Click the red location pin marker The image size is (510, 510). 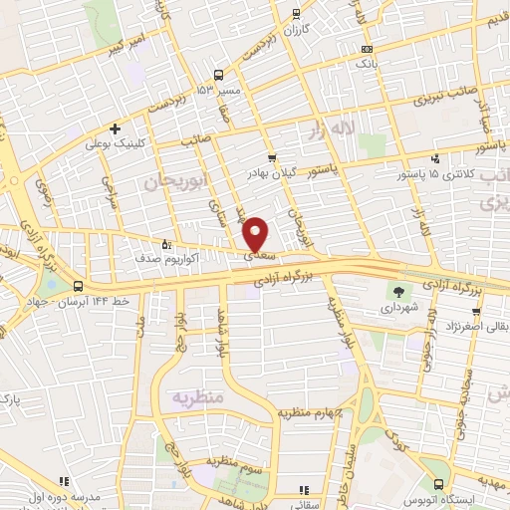256,233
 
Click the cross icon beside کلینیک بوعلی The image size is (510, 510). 117,127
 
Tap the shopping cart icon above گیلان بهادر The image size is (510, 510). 271,157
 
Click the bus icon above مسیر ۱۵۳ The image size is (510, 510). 218,75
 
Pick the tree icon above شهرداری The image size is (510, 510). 399,292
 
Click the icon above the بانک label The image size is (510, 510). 368,48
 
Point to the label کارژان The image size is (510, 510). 296,29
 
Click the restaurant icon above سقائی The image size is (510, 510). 305,489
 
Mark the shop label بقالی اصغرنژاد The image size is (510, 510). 472,325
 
